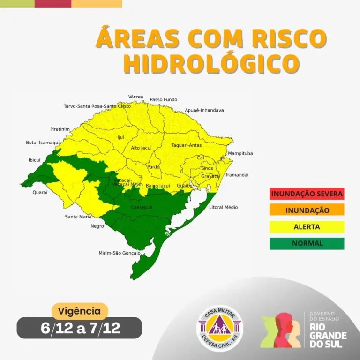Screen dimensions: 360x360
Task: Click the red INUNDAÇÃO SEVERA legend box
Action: (307, 193)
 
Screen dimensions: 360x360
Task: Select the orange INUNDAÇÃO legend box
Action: (307, 210)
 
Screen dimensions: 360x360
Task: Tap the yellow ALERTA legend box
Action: (307, 227)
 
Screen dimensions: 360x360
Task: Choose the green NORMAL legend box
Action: (307, 243)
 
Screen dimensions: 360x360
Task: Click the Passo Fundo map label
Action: (164, 100)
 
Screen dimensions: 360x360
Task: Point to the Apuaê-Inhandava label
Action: (204, 110)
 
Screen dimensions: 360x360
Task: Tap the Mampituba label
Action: (240, 153)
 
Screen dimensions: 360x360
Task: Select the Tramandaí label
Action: (237, 175)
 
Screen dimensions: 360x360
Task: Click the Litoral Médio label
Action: (224, 207)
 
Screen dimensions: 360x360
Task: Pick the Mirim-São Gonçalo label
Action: (120, 253)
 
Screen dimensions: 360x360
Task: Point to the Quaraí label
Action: (39, 192)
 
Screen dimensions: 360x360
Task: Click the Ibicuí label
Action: (34, 160)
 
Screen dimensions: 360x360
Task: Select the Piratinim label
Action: (60, 129)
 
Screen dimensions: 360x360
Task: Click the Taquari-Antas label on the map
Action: (186, 145)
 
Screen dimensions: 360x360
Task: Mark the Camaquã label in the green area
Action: (141, 207)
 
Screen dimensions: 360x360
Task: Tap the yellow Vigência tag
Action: (79, 311)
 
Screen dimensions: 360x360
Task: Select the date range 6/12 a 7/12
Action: (80, 328)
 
